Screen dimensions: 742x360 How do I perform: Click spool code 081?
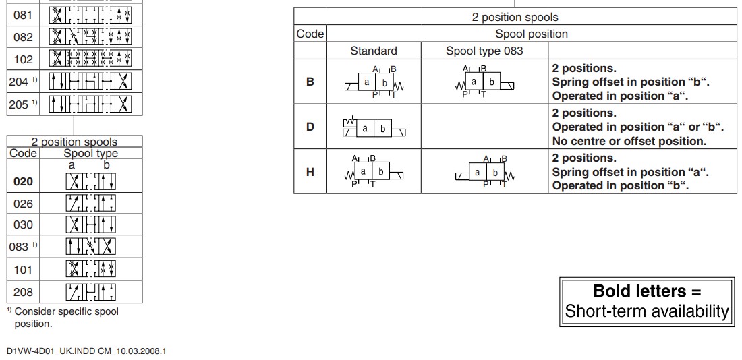pos(23,15)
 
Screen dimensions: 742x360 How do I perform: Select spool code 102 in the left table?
pos(23,59)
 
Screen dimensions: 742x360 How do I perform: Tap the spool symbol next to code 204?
pos(91,82)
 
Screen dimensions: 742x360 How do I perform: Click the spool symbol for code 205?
pos(91,104)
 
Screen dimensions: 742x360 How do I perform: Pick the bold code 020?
pos(23,181)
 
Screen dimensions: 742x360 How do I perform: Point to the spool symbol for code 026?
pos(91,203)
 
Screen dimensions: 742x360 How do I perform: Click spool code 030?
pos(23,225)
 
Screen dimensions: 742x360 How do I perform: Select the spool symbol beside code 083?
pos(91,247)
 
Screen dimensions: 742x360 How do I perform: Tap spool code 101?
pos(23,270)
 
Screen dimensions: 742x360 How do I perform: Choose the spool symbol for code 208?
pos(91,292)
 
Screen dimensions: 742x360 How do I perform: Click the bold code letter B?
pos(310,82)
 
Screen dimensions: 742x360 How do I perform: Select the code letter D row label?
pos(310,127)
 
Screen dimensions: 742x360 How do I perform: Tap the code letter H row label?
pos(310,171)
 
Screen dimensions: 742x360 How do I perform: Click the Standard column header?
pos(374,51)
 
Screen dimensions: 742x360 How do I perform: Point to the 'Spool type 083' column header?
pos(484,51)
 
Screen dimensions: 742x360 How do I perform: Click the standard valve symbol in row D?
pos(374,127)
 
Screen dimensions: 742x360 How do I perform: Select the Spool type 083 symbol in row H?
pos(484,172)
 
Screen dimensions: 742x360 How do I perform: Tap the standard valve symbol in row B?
pos(374,82)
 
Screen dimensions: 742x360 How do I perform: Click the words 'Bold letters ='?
pos(647,291)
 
